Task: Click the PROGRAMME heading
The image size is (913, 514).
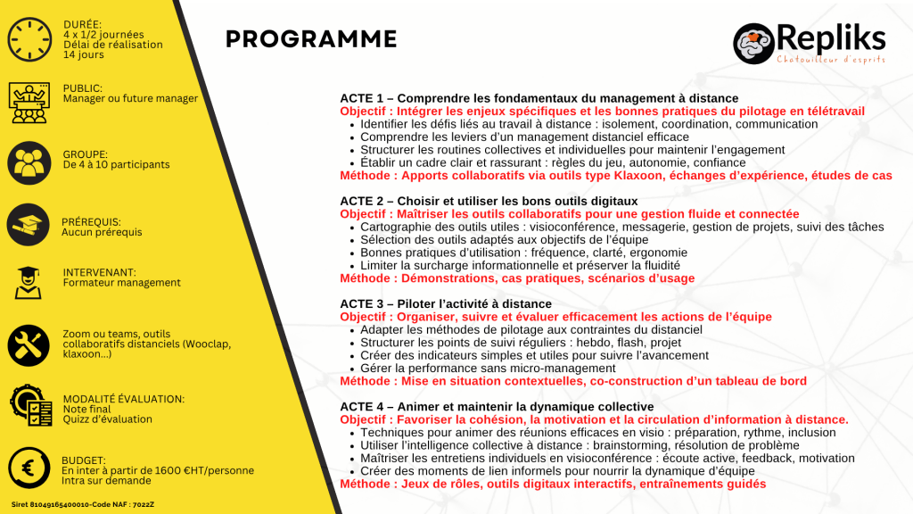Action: [311, 39]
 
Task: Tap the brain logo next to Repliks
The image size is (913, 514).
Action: [753, 43]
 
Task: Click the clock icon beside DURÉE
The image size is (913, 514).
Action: [29, 39]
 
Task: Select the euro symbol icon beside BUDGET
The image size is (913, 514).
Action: [29, 468]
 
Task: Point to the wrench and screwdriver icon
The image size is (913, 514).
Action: [28, 345]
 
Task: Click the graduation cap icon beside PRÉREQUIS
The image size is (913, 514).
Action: [28, 225]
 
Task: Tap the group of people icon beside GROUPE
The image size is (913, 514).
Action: [29, 163]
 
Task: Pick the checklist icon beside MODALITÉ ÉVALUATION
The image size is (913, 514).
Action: [31, 405]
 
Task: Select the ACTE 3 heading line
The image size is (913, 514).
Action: [446, 303]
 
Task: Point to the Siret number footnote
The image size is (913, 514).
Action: [83, 505]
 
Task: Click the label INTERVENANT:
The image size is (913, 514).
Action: [100, 272]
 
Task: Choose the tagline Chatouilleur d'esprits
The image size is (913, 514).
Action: [831, 60]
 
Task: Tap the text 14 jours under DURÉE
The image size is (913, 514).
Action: [83, 54]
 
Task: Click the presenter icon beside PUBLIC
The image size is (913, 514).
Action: [29, 103]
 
